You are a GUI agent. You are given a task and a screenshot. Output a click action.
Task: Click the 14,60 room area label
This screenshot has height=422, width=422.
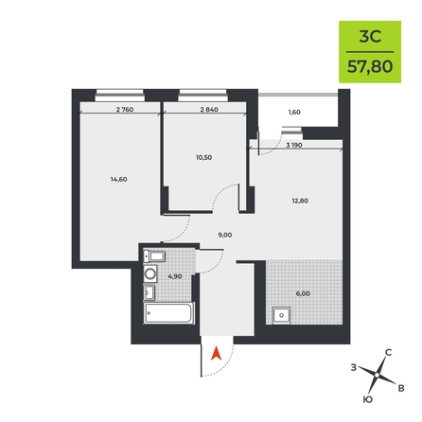(118, 180)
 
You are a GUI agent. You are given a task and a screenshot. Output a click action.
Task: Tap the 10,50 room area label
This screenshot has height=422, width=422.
(203, 158)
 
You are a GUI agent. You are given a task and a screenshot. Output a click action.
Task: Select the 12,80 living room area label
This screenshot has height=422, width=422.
(300, 201)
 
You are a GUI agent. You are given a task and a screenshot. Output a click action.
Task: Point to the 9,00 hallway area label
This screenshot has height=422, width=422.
(225, 235)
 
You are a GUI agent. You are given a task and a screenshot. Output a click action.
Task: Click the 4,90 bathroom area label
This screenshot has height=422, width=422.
(175, 276)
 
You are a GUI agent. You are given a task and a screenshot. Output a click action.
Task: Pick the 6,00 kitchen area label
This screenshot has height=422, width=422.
(303, 293)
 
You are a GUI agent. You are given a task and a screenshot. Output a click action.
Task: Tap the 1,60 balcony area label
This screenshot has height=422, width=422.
(294, 113)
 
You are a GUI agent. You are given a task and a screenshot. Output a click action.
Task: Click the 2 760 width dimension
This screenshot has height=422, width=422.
(125, 110)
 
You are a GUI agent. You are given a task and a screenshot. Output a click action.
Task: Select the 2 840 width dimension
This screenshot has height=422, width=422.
(209, 110)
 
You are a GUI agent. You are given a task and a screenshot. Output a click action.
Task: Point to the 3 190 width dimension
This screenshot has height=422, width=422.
(294, 146)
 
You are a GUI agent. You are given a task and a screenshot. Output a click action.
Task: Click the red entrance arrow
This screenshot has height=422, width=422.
(216, 353)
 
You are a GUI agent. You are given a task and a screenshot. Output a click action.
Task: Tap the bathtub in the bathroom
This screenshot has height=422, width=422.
(168, 312)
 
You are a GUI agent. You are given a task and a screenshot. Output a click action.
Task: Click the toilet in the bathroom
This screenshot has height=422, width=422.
(154, 256)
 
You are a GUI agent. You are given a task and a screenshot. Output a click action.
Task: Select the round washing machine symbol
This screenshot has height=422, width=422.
(150, 273)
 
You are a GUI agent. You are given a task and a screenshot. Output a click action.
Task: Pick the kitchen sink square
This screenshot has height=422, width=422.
(282, 315)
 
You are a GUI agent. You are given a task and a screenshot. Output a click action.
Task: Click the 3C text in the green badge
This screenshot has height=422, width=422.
(370, 37)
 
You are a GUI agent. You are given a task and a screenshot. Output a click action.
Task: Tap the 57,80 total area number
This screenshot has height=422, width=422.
(370, 66)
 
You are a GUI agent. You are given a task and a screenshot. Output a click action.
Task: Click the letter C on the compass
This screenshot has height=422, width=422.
(389, 353)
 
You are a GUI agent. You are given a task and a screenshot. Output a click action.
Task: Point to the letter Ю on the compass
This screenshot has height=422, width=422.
(368, 399)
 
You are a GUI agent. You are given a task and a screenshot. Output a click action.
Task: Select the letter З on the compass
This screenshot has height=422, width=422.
(354, 367)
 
